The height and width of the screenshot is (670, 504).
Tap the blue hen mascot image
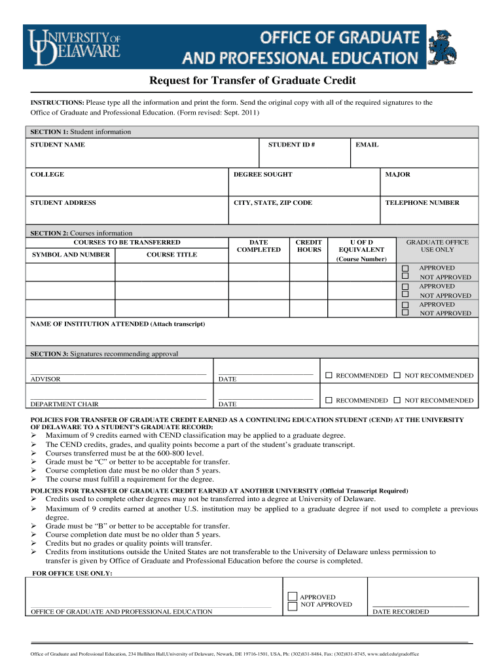coord(443,47)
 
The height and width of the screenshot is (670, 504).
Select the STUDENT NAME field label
coord(58,145)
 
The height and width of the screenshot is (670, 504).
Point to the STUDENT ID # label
coord(291,145)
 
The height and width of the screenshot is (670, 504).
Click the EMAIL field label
coord(367,145)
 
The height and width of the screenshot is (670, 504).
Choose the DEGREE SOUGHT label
coord(262,175)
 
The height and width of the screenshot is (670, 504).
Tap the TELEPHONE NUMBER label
coord(422,203)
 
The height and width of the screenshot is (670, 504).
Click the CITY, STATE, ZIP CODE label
coord(273,203)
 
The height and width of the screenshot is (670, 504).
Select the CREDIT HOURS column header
coord(309,246)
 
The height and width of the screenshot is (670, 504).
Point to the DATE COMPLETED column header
coord(259,246)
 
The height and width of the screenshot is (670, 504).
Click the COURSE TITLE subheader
coord(171,255)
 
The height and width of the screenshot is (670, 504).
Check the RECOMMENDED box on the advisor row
coord(329,376)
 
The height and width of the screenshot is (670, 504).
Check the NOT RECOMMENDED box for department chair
coord(397,400)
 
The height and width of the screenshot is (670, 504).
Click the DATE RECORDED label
coord(401,612)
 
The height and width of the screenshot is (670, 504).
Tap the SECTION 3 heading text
coord(104,354)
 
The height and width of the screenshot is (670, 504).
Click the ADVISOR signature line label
coord(46,379)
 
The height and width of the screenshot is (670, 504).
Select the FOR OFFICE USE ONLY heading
coord(72,573)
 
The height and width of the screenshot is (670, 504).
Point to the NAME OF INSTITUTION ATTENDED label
coord(118,324)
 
